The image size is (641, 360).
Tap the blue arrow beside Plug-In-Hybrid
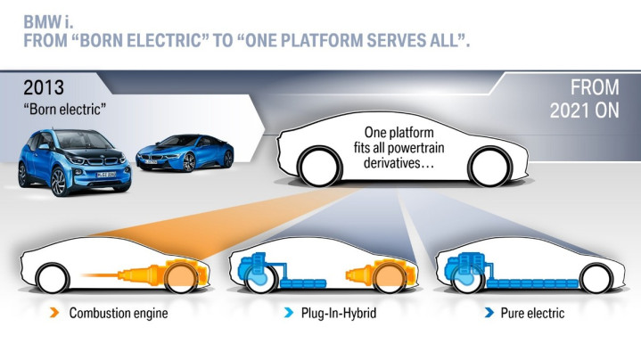[289, 314]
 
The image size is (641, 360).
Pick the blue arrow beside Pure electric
[490, 314]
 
